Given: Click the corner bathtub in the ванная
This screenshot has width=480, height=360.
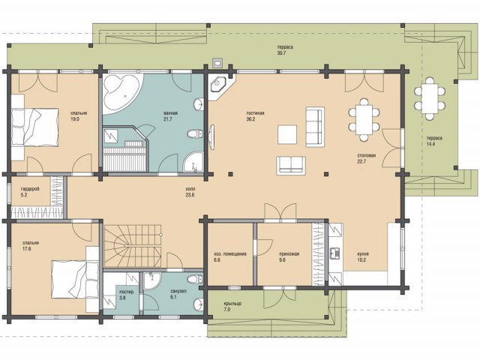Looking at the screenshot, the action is [120, 93].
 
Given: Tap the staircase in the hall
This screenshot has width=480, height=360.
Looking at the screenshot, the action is [133, 246].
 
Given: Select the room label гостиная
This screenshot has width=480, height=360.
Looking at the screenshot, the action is [255, 113].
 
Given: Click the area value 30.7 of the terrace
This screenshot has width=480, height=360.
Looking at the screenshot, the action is [281, 53].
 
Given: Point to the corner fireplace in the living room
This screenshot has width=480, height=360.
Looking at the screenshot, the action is [218, 82].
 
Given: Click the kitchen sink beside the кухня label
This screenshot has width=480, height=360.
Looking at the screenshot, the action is [334, 252].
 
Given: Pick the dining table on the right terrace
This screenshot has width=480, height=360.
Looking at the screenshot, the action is [430, 98].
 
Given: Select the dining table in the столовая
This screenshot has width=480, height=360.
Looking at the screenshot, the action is [364, 119].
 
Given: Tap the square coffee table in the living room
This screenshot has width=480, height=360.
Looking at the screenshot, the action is [287, 134].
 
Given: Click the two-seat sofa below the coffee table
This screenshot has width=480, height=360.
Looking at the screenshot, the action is [291, 166].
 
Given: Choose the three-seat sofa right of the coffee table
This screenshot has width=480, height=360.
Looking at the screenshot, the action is [315, 127].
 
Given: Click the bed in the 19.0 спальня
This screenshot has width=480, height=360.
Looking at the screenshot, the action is [35, 127].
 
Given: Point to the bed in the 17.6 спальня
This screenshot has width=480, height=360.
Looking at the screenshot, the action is [75, 279].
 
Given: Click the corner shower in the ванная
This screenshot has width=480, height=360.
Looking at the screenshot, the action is [193, 161].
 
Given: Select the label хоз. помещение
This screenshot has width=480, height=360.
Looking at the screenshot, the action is [230, 253].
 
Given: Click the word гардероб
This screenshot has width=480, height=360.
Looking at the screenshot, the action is [30, 189].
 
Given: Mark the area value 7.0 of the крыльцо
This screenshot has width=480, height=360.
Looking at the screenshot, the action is [226, 310].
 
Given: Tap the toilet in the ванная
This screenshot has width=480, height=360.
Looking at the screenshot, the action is [195, 133].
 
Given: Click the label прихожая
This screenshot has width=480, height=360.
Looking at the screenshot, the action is [289, 253].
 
